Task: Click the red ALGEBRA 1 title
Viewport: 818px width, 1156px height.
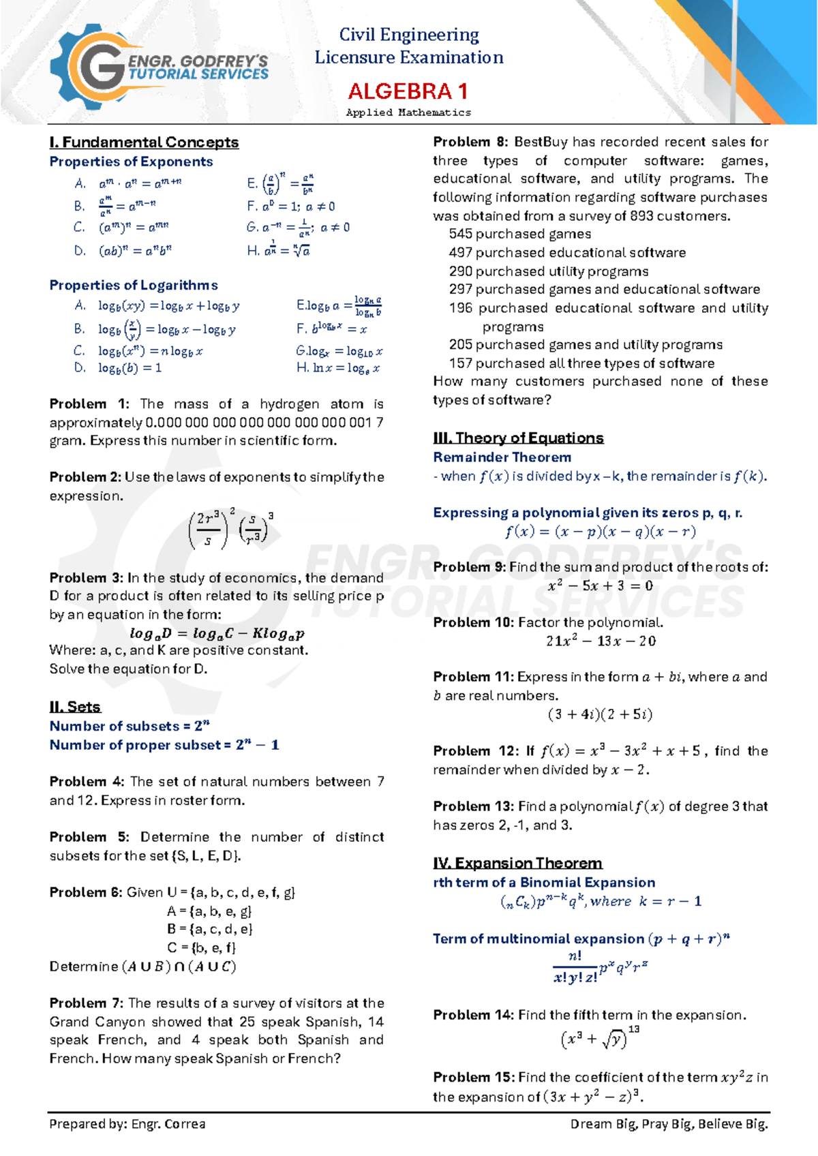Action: click(408, 91)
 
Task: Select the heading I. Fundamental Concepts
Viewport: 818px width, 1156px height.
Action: click(144, 142)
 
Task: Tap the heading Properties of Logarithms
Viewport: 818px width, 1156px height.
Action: click(134, 285)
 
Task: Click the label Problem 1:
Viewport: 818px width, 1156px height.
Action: click(89, 404)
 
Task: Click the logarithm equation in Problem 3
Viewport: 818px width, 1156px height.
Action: click(217, 633)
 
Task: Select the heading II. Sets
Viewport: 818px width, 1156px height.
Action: click(75, 707)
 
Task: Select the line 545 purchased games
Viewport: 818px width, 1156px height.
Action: click(519, 234)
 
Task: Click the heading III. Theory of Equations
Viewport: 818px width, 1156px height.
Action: click(518, 438)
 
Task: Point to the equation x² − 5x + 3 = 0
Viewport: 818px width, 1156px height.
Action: click(600, 585)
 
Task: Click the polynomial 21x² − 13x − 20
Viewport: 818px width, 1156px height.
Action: click(600, 641)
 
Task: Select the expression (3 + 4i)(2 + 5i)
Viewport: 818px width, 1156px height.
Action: click(600, 714)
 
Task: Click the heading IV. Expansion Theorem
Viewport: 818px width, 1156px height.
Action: click(517, 863)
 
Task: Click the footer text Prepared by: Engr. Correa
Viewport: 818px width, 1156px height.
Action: click(127, 1124)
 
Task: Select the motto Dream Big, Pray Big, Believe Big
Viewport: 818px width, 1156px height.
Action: click(669, 1124)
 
